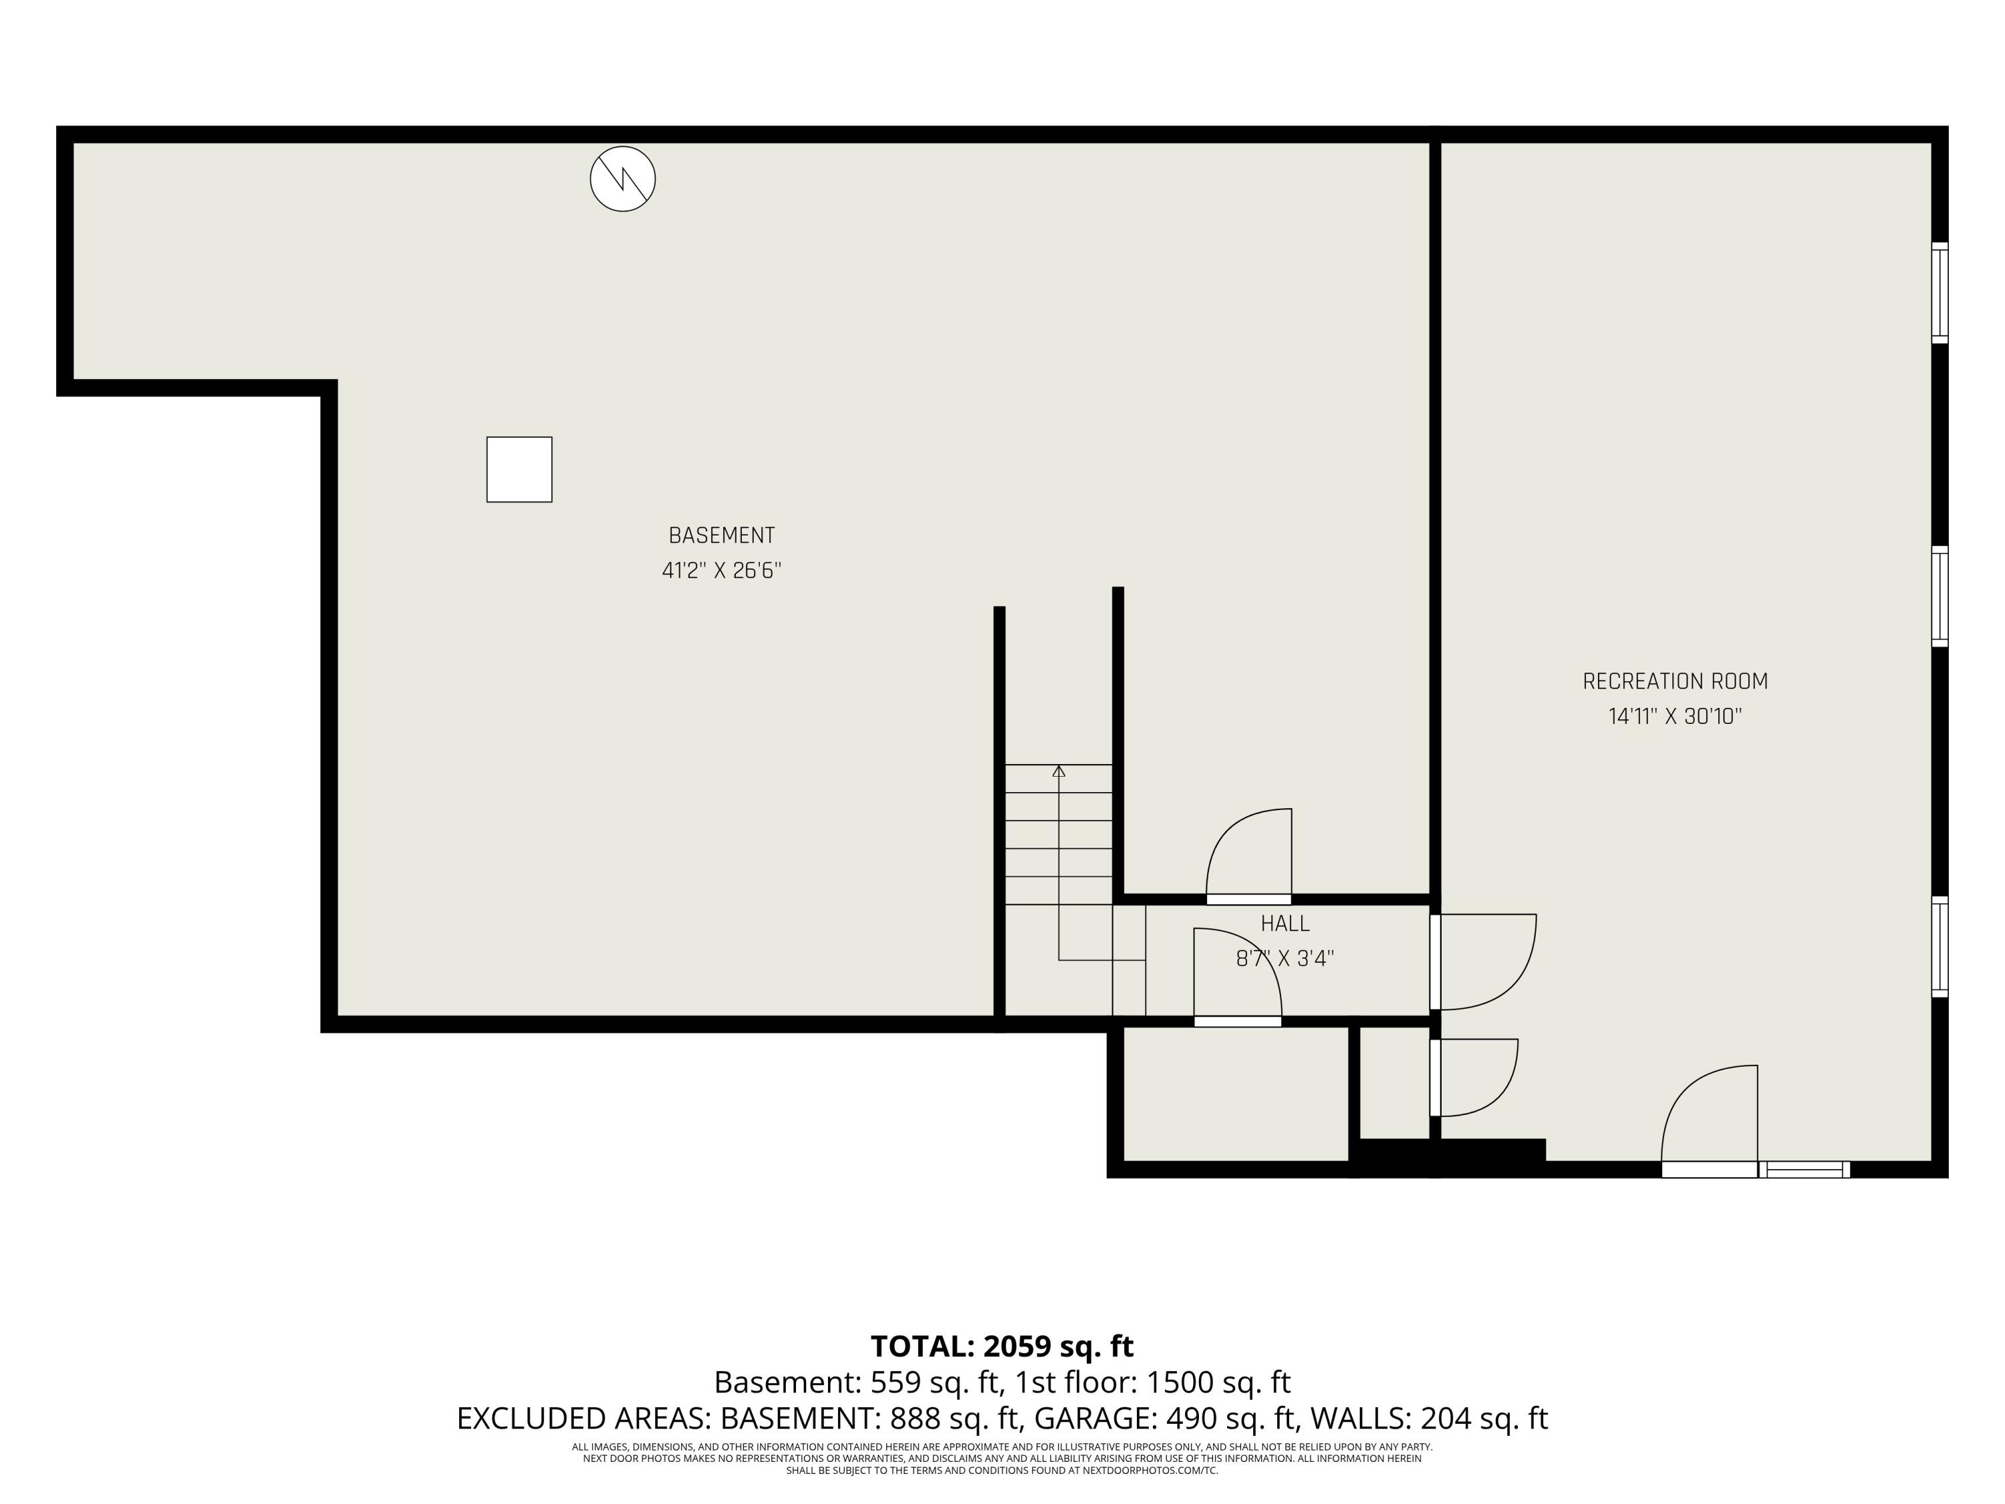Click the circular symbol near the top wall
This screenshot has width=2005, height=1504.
623,178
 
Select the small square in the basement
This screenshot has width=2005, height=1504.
519,470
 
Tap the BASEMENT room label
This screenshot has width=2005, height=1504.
722,536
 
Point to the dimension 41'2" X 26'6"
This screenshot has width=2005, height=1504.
722,571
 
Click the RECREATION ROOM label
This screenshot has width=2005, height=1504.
1675,682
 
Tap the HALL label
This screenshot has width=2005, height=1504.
1285,924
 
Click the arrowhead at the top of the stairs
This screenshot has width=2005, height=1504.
1059,771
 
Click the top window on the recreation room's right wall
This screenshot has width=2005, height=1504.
1939,293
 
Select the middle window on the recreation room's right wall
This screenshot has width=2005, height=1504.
1939,596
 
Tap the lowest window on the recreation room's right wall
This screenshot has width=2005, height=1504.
1939,947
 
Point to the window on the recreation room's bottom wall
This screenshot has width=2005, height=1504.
1804,1170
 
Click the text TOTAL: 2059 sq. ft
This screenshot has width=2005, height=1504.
1002,1346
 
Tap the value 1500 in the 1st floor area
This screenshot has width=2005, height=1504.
1176,1382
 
